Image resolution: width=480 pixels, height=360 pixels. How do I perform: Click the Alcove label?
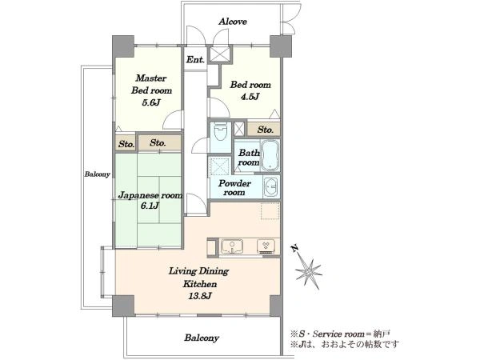tap(233, 22)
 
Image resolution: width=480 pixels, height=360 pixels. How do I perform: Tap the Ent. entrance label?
tap(195, 59)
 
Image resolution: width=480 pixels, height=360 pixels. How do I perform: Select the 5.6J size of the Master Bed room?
tap(151, 102)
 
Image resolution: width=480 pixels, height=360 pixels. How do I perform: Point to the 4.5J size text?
tap(250, 97)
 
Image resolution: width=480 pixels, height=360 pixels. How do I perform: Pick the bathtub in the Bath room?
tap(270, 155)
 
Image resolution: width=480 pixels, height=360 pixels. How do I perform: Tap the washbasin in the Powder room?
tap(271, 186)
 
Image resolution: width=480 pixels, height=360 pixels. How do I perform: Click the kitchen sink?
tap(232, 246)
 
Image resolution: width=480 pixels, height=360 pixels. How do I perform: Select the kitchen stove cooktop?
tap(266, 246)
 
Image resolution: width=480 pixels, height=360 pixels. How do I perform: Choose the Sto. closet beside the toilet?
tap(264, 130)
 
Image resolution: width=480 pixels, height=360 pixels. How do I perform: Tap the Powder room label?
tap(234, 188)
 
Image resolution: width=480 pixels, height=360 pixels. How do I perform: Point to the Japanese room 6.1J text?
tap(150, 200)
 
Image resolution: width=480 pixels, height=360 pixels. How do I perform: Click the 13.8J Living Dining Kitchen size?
tap(199, 296)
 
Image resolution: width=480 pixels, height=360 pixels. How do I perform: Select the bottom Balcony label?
tap(202, 338)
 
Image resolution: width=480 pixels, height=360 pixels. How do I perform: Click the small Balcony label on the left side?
tap(97, 174)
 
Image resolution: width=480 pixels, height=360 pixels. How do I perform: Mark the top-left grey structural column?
tap(123, 46)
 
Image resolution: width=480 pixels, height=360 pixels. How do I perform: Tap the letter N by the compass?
tap(294, 249)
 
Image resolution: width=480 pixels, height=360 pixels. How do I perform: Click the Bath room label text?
tap(249, 158)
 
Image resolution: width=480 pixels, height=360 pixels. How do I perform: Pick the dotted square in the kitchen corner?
tap(270, 211)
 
